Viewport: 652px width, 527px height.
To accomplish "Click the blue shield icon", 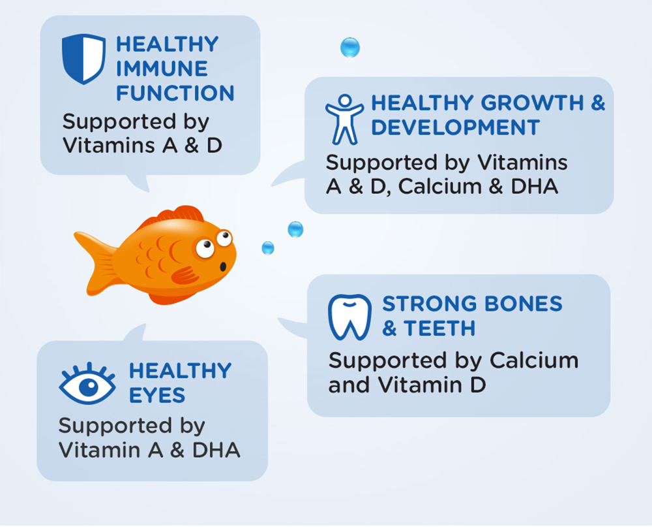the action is [83, 59].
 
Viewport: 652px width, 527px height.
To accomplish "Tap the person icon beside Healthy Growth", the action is [344, 120].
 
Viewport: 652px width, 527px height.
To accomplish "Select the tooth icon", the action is [349, 317].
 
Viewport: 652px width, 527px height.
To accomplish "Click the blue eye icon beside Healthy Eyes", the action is [87, 384].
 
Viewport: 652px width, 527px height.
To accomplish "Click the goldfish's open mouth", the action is [223, 266].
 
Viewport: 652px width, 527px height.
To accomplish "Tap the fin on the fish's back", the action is [175, 216].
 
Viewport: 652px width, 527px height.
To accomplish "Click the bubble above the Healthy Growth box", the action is [350, 47].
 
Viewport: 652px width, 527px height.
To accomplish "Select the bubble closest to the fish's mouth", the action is [268, 248].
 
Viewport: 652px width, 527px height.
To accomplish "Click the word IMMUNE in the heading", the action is [162, 69].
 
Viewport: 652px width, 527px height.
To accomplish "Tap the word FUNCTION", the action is [175, 93].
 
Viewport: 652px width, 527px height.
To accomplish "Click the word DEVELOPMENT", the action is [455, 127].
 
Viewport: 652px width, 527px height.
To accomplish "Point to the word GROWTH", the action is [532, 103].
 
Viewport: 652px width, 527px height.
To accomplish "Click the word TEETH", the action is [439, 328].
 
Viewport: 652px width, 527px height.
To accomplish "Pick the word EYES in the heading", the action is [157, 395].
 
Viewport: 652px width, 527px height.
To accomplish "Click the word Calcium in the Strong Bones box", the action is [534, 360].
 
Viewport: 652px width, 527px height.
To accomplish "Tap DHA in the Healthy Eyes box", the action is [216, 450].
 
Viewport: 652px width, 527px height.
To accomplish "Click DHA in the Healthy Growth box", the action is [535, 186].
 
